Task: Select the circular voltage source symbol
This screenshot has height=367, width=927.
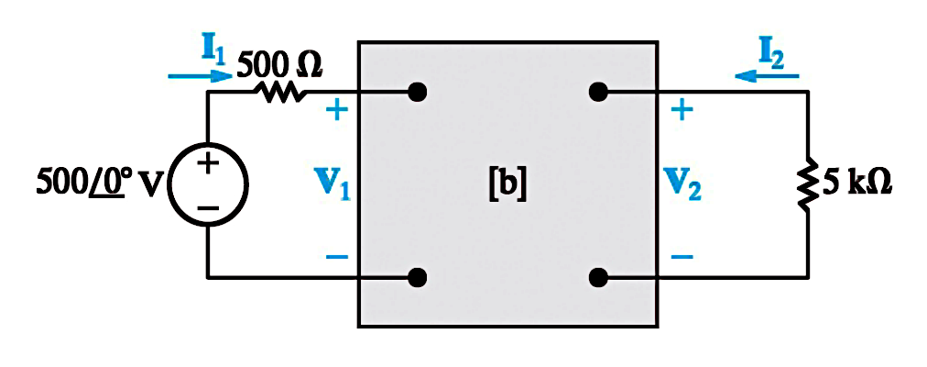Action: pyautogui.click(x=208, y=184)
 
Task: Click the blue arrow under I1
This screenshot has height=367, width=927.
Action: pyautogui.click(x=201, y=76)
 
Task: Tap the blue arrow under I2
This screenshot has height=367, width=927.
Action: pyautogui.click(x=766, y=76)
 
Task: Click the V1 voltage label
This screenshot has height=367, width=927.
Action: pyautogui.click(x=337, y=184)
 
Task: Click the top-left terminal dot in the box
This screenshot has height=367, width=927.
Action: pyautogui.click(x=418, y=93)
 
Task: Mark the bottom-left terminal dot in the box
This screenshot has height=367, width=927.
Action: pyautogui.click(x=418, y=276)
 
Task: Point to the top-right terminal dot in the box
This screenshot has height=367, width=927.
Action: pyautogui.click(x=598, y=93)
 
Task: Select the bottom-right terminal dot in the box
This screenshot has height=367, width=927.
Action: pyautogui.click(x=598, y=276)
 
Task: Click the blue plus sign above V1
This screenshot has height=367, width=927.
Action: pyautogui.click(x=336, y=110)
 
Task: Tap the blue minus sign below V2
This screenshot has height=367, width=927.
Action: pyautogui.click(x=682, y=256)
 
